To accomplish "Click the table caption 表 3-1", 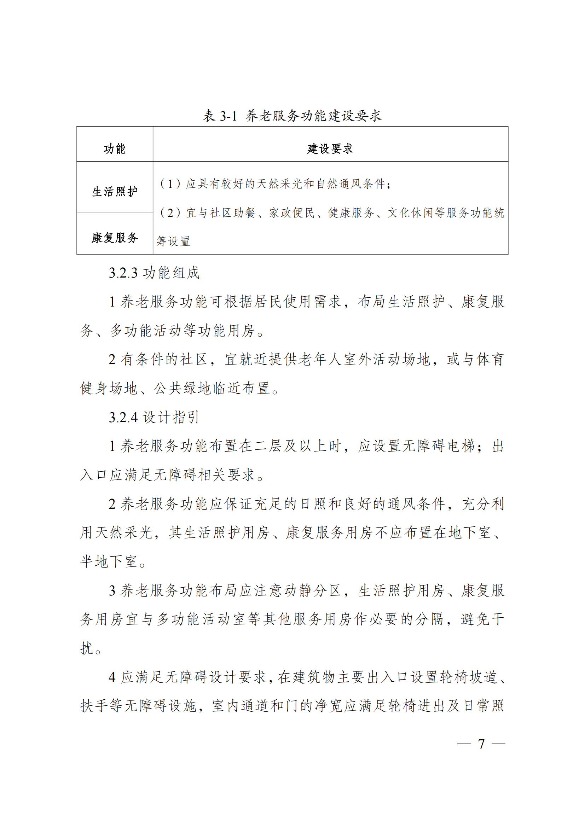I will click(x=220, y=116).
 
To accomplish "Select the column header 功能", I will click(x=115, y=148).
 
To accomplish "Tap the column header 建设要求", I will click(x=330, y=148).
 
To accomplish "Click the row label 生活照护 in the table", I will click(x=115, y=191).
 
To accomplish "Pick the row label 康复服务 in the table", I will click(x=115, y=237).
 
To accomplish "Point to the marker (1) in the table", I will click(x=170, y=184).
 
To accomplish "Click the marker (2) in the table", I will click(x=170, y=212).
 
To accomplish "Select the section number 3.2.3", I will click(x=123, y=273).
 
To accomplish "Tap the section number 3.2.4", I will click(x=123, y=418).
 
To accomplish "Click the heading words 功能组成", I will click(x=171, y=273).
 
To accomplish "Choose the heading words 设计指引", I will click(x=171, y=418).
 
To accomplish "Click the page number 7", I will click(x=481, y=744).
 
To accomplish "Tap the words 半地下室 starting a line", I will click(x=109, y=561).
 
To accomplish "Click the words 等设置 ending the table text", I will click(x=173, y=241).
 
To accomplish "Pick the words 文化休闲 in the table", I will click(x=410, y=212).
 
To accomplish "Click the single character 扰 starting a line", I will click(x=87, y=648).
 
